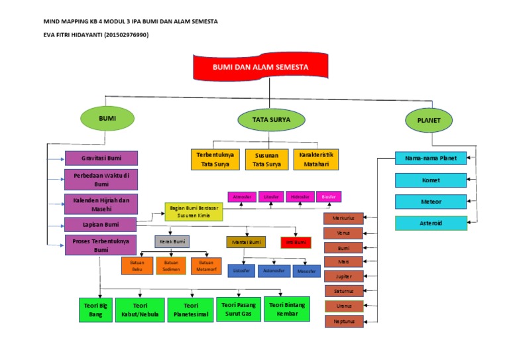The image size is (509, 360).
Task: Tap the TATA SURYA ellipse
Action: (x=272, y=119)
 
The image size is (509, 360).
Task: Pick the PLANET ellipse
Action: (x=429, y=120)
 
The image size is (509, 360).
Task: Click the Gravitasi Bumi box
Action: (x=101, y=158)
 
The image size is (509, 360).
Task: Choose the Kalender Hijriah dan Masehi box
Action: (x=101, y=204)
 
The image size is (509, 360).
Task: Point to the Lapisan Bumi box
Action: (x=101, y=225)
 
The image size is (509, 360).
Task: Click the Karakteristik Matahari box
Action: (x=315, y=159)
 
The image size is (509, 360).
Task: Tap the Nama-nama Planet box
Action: (x=431, y=158)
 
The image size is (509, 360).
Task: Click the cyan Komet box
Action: (x=431, y=180)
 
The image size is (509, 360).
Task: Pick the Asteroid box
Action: (x=431, y=223)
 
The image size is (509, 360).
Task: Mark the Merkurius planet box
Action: (x=343, y=219)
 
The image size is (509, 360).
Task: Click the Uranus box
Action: (x=343, y=306)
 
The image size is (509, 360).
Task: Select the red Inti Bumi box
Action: (x=295, y=242)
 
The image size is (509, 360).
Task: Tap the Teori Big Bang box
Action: (x=95, y=310)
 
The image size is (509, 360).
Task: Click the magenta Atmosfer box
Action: (x=241, y=197)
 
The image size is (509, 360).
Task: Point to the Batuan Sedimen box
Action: (x=172, y=266)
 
